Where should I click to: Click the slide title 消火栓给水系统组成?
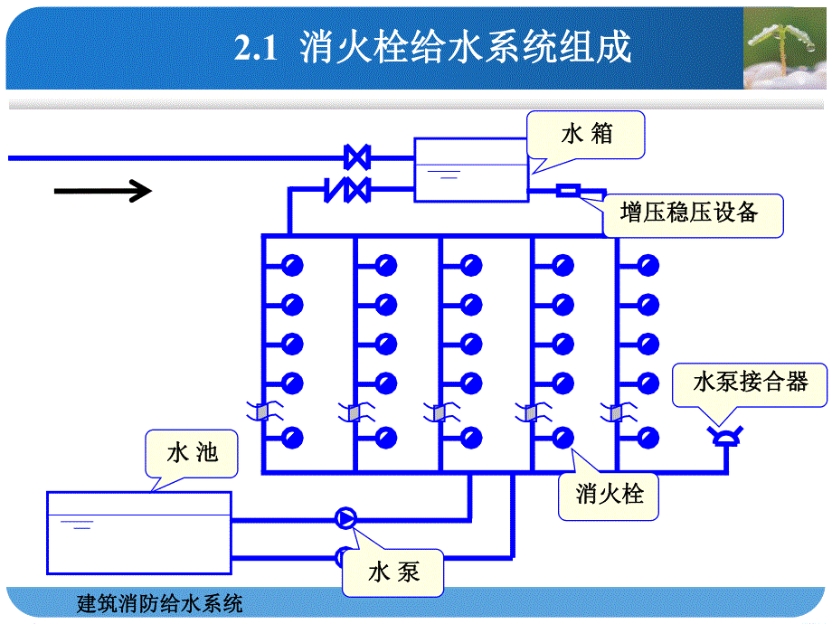pyautogui.click(x=465, y=48)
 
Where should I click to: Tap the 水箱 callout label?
pyautogui.click(x=587, y=135)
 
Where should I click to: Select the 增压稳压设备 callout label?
pyautogui.click(x=689, y=213)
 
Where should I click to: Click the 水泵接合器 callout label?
pyautogui.click(x=751, y=382)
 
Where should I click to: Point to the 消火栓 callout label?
pyautogui.click(x=610, y=495)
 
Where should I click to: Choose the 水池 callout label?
pyautogui.click(x=193, y=452)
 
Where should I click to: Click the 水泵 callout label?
pyautogui.click(x=393, y=572)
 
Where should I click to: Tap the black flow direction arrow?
pyautogui.click(x=102, y=191)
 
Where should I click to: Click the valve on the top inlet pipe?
pyautogui.click(x=357, y=157)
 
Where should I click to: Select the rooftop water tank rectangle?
pyautogui.click(x=470, y=169)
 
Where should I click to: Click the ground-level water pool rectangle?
pyautogui.click(x=138, y=533)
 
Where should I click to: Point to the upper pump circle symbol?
pyautogui.click(x=345, y=518)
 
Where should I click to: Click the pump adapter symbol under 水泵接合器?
pyautogui.click(x=725, y=437)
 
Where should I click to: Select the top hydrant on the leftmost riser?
pyautogui.click(x=291, y=266)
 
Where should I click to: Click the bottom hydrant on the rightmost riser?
pyautogui.click(x=648, y=439)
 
